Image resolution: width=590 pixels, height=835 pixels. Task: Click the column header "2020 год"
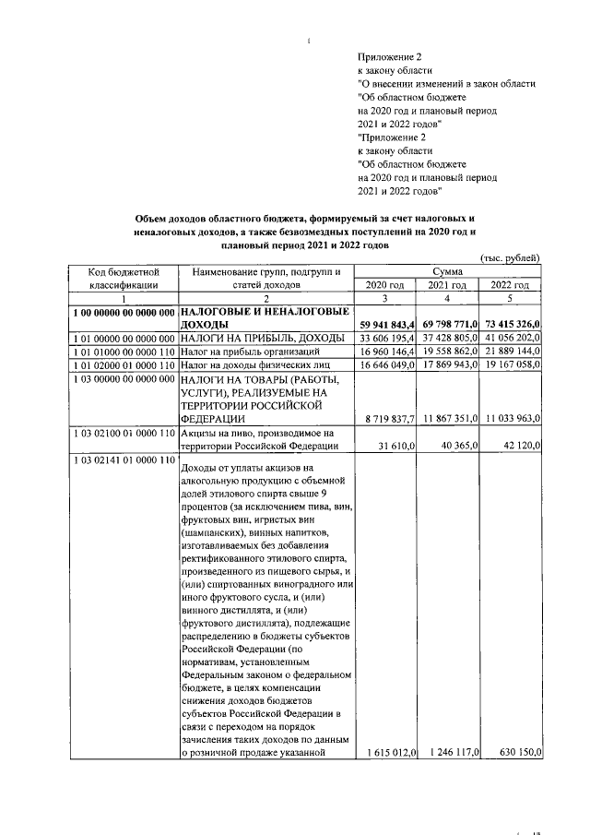click(x=385, y=285)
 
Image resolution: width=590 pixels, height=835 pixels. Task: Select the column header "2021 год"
click(x=448, y=285)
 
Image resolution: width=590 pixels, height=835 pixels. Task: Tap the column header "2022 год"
click(x=510, y=285)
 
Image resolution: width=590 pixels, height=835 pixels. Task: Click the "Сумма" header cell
click(x=448, y=271)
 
